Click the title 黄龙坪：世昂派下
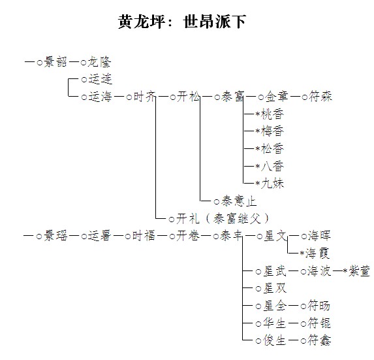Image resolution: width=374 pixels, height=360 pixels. tap(182, 22)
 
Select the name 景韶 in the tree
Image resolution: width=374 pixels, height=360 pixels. tap(55, 62)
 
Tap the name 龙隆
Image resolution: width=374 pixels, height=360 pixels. tap(100, 62)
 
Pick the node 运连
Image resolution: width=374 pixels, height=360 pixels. tap(100, 79)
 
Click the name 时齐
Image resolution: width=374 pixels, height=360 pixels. tap(144, 97)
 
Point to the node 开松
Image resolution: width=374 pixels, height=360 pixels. tap(189, 97)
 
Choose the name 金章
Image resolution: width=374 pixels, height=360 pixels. tap(277, 97)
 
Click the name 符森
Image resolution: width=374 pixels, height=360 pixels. tap(320, 97)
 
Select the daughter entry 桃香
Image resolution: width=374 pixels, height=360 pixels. tap(272, 114)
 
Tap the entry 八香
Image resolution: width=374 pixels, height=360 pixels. tap(272, 166)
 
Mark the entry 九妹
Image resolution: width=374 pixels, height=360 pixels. tap(272, 184)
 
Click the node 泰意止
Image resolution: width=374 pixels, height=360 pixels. tap(239, 201)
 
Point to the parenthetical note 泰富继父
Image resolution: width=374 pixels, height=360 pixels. tap(238, 218)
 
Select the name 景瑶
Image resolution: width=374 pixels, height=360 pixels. tap(55, 236)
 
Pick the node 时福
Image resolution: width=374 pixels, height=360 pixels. tap(144, 236)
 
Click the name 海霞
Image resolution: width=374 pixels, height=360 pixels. tap(318, 254)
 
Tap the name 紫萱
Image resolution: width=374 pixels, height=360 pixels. tap(359, 271)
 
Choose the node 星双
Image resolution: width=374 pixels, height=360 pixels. tap(275, 288)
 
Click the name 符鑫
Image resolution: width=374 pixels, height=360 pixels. tap(319, 340)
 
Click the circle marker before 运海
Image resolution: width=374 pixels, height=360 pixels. tap(84, 97)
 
